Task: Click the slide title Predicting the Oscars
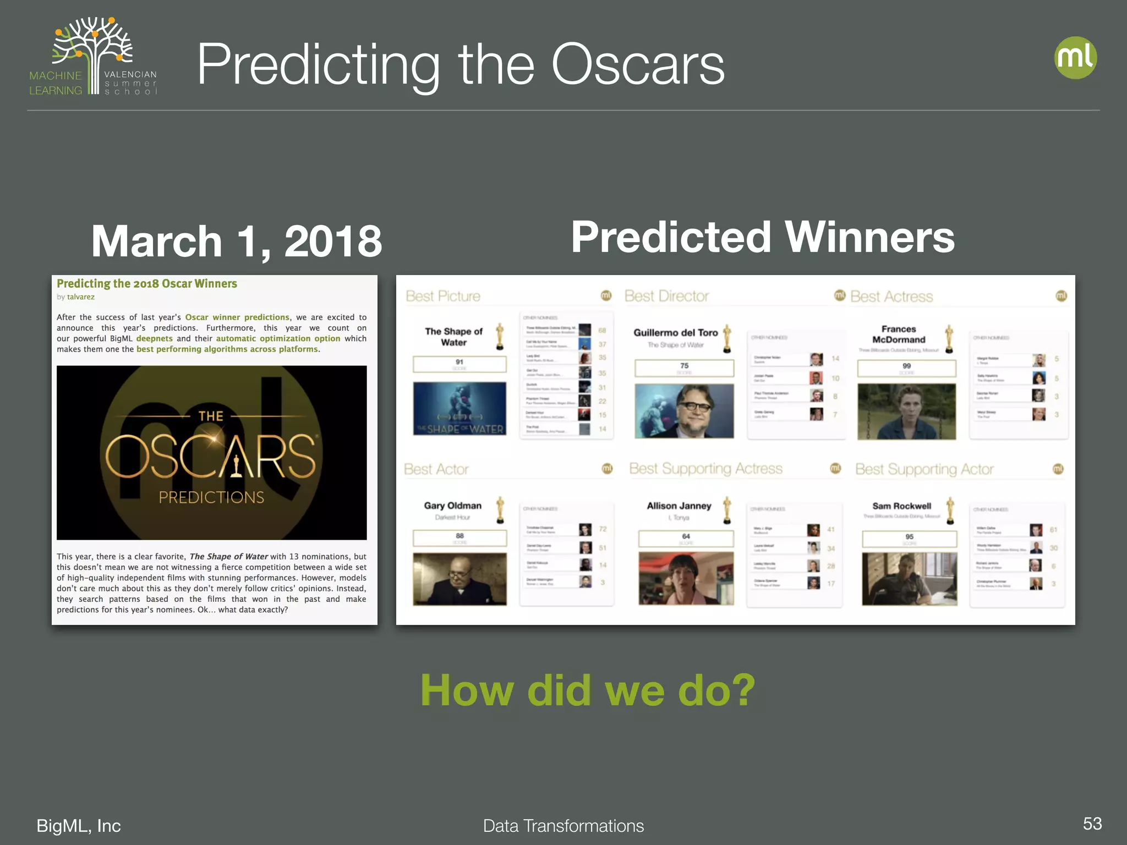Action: pos(461,65)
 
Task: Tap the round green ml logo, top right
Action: pos(1075,58)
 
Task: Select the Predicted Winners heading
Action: pos(763,237)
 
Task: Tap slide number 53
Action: pos(1092,824)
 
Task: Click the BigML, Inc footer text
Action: pos(78,825)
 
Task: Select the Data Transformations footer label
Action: pos(563,826)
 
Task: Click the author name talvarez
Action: pos(81,297)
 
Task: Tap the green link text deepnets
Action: pos(154,339)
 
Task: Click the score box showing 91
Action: pos(459,364)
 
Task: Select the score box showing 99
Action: pos(906,368)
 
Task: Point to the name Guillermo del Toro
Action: pos(675,332)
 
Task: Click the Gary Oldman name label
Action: pos(452,506)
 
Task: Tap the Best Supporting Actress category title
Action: pos(705,469)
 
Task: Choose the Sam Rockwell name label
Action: pos(901,506)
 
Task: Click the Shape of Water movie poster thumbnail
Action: pos(459,409)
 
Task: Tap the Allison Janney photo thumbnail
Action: pos(686,578)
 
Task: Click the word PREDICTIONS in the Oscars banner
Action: pos(211,497)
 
